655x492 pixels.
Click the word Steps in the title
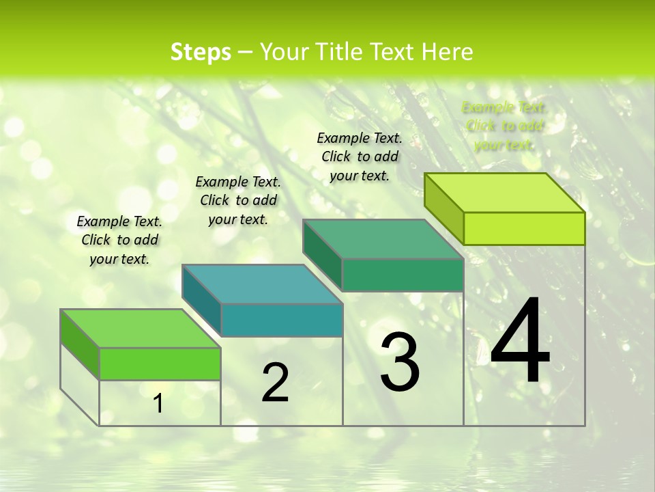pyautogui.click(x=201, y=53)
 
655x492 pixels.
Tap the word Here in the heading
pyautogui.click(x=447, y=52)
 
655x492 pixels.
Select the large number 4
pyautogui.click(x=520, y=342)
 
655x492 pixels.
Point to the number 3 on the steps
pyautogui.click(x=400, y=362)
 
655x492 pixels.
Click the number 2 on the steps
pyautogui.click(x=275, y=383)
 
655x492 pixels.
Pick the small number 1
pyautogui.click(x=158, y=404)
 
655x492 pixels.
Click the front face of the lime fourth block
pyautogui.click(x=524, y=228)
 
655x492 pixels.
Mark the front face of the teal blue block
pyautogui.click(x=282, y=320)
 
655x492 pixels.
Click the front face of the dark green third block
pyautogui.click(x=403, y=275)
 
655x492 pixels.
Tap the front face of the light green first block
pyautogui.click(x=160, y=364)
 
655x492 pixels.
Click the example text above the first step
pyautogui.click(x=119, y=241)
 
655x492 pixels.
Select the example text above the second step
pyautogui.click(x=238, y=200)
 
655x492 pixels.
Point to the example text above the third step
pyautogui.click(x=360, y=156)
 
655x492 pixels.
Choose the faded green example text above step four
pyautogui.click(x=504, y=126)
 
